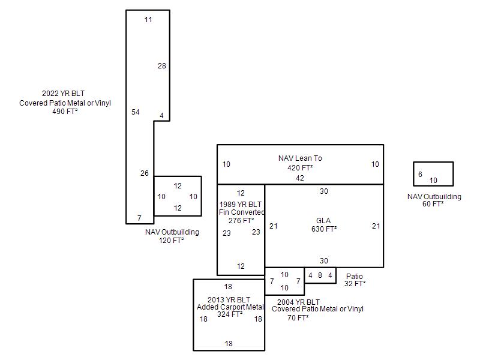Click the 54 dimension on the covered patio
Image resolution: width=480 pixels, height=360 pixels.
136,112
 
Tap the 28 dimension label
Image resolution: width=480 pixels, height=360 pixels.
161,66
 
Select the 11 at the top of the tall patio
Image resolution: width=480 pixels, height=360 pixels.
148,20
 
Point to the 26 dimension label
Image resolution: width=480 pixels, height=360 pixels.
144,173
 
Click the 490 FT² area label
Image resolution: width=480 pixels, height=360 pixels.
65,112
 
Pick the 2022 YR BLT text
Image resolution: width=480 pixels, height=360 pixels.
63,94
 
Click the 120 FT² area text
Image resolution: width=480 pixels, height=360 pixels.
171,241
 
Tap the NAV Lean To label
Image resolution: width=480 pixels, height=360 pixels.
300,158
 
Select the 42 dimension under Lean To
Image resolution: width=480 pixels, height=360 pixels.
299,178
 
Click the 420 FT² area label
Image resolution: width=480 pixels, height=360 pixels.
300,168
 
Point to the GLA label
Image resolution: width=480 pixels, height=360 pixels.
323,221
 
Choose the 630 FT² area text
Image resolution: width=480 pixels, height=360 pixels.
324,229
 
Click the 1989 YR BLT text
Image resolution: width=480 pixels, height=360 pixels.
241,205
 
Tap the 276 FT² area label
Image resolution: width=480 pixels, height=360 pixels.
241,221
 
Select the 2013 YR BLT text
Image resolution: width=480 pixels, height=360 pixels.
229,300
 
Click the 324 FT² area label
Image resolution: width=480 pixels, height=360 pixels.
230,314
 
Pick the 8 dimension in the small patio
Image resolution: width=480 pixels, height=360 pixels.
320,275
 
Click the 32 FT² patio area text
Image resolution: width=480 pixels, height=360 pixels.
355,284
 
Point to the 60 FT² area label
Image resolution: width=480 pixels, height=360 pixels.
433,204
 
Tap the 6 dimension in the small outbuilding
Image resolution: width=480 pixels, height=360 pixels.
420,175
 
